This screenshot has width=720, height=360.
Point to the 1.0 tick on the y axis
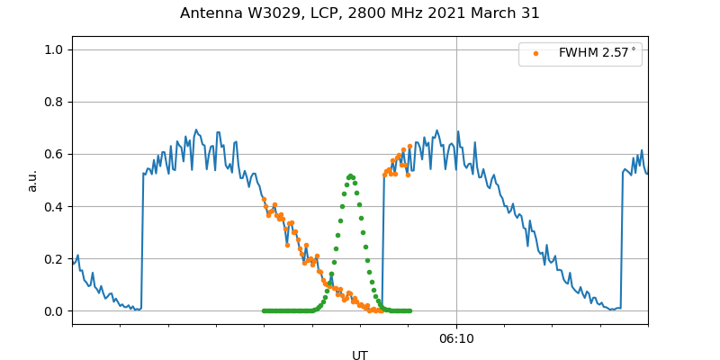tap(53, 49)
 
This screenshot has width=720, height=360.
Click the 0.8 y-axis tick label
tap(53, 102)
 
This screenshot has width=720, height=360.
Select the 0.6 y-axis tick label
tap(53, 154)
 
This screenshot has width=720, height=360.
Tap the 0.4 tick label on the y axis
tap(53, 206)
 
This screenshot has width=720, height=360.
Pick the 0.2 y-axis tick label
tap(53, 259)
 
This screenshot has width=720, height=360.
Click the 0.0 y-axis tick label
tap(53, 311)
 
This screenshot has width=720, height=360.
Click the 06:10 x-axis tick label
tap(456, 338)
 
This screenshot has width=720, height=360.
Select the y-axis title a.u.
tap(32, 180)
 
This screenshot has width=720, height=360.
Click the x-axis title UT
tap(360, 355)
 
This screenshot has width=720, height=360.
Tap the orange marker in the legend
tap(535, 53)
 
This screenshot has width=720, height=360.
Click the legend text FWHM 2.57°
tap(597, 53)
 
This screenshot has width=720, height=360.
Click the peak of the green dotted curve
tap(350, 176)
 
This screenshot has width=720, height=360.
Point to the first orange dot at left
tap(264, 199)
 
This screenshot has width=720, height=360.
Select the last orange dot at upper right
tap(409, 146)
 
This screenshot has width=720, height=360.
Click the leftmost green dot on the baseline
tap(264, 310)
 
